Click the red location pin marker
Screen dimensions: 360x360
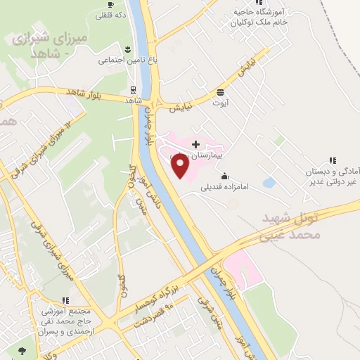click(x=181, y=166)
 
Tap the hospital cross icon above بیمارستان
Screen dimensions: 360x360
click(x=195, y=143)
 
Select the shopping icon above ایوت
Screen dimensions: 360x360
click(x=221, y=92)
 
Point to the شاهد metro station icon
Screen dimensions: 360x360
click(x=132, y=90)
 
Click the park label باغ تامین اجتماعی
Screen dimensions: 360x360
click(x=125, y=61)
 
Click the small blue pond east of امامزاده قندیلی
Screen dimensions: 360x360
click(x=268, y=183)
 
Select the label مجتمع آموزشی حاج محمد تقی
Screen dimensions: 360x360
click(x=63, y=321)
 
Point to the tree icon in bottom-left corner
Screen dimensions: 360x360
click(x=22, y=349)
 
